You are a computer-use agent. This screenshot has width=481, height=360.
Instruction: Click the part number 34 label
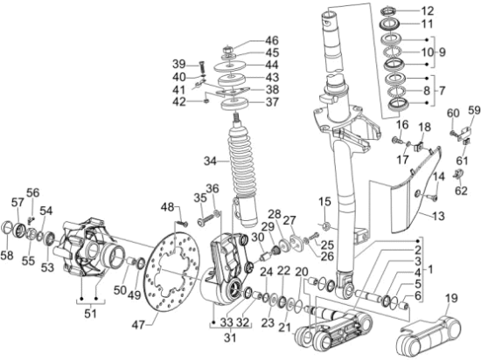click(211, 161)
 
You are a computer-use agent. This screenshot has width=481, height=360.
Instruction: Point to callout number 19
click(450, 298)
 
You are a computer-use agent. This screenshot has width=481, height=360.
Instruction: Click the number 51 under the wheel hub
click(90, 314)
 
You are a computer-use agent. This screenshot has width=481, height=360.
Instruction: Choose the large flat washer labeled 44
click(230, 66)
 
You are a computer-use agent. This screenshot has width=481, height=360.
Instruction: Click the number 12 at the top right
click(427, 11)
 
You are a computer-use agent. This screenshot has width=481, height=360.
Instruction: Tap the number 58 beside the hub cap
click(7, 254)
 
